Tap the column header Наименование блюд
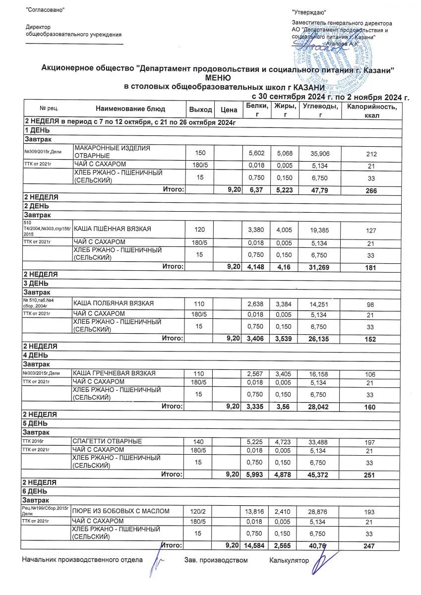coord(130,109)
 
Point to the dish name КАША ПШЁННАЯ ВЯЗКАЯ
coord(112,229)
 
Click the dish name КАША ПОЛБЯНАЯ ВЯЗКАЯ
coord(114,303)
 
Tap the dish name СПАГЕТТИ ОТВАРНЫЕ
coord(107,441)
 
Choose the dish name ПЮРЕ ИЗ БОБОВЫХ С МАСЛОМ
coord(121,511)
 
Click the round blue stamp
coord(330,57)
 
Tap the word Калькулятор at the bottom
coord(289,560)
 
